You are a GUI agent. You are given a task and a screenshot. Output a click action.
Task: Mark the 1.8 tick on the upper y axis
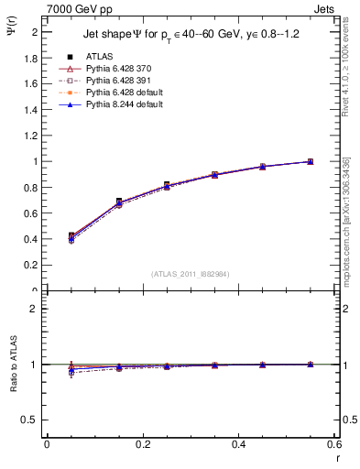point(31,57)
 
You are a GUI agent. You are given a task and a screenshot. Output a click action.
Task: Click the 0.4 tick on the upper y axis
point(31,239)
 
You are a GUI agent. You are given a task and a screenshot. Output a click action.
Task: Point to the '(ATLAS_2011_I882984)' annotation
point(191,274)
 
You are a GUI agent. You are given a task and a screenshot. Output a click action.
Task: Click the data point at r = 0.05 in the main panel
point(71,236)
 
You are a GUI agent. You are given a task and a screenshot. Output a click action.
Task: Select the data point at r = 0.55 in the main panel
point(310,161)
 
